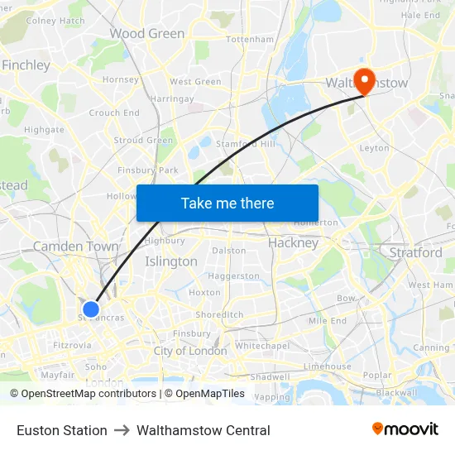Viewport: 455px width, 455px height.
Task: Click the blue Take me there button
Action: click(x=227, y=203)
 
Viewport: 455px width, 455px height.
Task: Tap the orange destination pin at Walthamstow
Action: click(x=364, y=79)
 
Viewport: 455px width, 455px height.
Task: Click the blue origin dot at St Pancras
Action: click(x=91, y=309)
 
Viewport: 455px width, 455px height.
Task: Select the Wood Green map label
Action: click(x=147, y=34)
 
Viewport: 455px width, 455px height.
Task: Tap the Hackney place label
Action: click(x=293, y=243)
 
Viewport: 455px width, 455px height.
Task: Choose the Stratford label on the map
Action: click(x=415, y=252)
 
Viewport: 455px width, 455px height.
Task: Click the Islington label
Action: click(x=171, y=261)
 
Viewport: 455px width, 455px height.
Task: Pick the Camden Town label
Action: click(x=75, y=247)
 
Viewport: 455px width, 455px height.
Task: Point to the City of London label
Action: click(x=190, y=351)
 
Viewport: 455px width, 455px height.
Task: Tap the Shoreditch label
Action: click(x=219, y=314)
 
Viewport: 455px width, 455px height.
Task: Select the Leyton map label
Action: click(x=374, y=148)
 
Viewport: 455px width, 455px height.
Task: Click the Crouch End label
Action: click(x=114, y=113)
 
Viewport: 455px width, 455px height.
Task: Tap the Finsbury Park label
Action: click(x=148, y=170)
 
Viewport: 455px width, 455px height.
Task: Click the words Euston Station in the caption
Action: click(x=62, y=430)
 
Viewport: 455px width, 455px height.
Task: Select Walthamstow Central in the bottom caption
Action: click(x=204, y=430)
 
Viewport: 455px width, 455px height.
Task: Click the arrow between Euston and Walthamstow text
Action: click(x=122, y=430)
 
